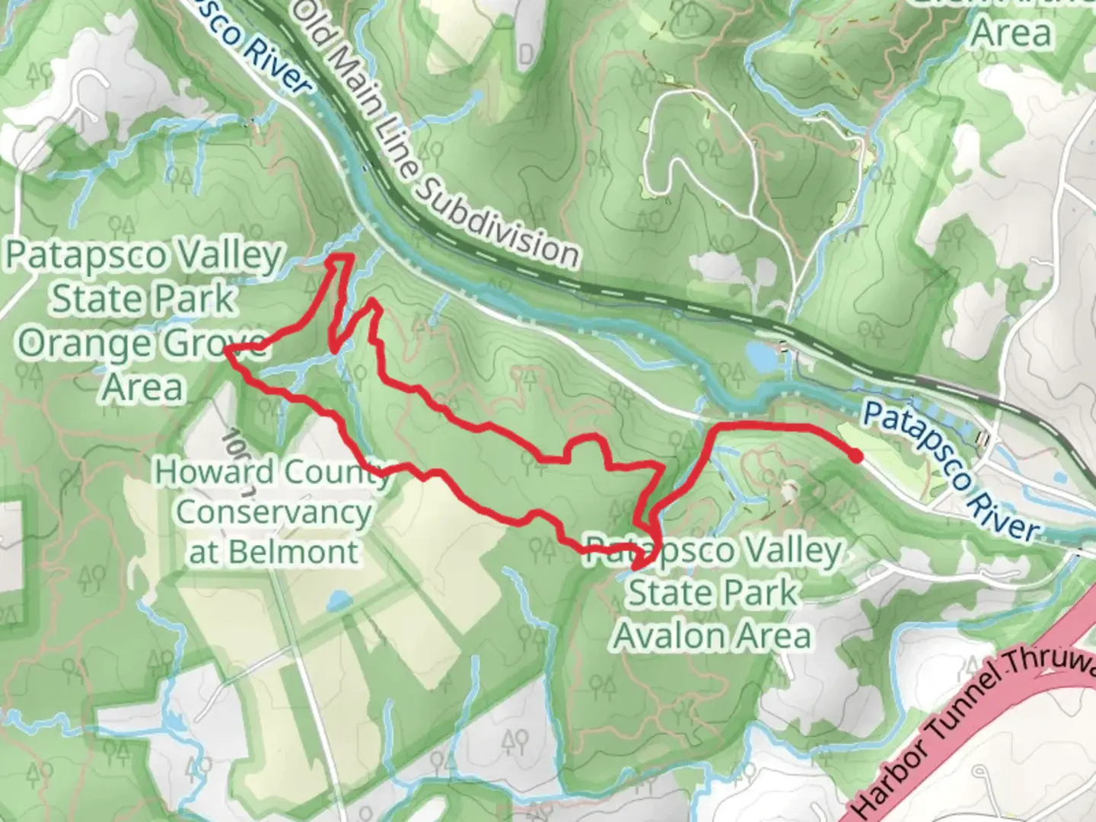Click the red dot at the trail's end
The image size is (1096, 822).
[855, 456]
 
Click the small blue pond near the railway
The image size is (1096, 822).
[759, 354]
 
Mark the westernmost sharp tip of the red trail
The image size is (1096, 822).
[226, 349]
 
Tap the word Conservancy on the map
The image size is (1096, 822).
[273, 512]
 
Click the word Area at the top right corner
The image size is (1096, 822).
[1012, 33]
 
